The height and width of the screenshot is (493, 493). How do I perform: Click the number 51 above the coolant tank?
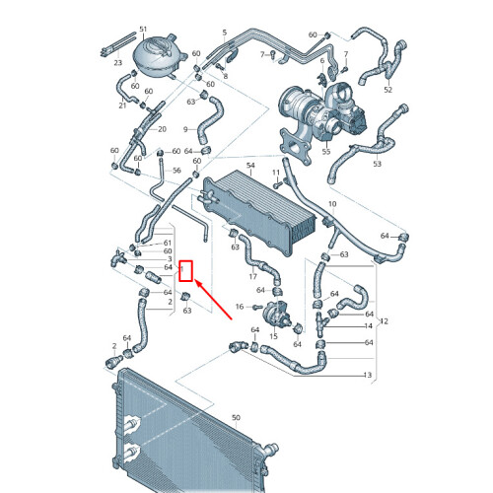click(x=143, y=30)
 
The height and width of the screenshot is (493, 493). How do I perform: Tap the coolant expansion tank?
click(x=156, y=56)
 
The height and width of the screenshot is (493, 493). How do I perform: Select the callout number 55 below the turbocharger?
click(x=325, y=152)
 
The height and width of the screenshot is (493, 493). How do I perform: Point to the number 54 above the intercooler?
click(x=250, y=166)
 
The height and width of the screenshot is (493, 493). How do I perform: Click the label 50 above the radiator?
click(x=236, y=418)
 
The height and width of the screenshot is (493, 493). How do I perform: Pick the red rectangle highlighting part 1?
click(x=185, y=271)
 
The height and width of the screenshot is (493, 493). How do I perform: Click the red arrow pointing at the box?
click(x=214, y=299)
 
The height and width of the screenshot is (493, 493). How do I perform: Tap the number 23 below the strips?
click(x=118, y=62)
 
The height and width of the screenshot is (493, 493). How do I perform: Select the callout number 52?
click(x=388, y=90)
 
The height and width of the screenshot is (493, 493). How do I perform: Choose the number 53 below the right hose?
click(x=377, y=164)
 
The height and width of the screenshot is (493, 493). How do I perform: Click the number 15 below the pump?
click(x=273, y=336)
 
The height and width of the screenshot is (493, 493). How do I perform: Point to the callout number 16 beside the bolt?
click(x=240, y=307)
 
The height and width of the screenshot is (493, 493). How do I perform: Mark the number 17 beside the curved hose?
click(x=252, y=276)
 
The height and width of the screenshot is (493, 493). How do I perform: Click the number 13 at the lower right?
click(x=368, y=375)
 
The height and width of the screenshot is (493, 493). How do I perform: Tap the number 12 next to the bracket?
click(x=384, y=321)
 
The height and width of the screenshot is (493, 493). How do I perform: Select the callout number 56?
click(x=176, y=171)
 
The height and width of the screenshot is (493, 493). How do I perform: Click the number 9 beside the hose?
click(x=185, y=129)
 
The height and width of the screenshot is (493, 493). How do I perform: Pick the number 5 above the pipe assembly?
click(x=225, y=33)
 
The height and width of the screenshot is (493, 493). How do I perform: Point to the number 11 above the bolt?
click(x=276, y=173)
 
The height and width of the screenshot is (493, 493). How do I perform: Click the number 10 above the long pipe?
click(x=332, y=204)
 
